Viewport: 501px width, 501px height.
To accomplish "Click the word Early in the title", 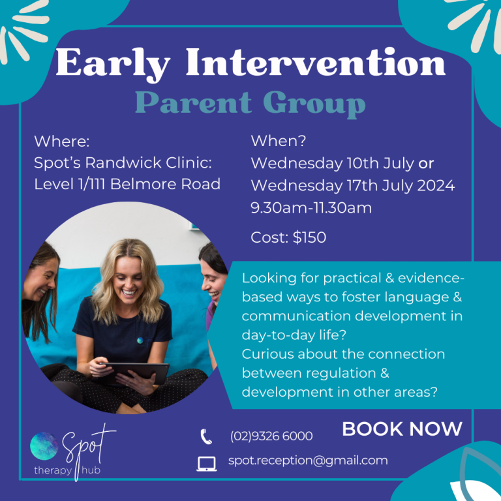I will point(114,64).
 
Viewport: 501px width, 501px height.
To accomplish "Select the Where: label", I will point(62,142).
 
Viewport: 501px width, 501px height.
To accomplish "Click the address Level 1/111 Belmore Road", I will point(127,184).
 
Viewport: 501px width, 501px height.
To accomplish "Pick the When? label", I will point(279,141).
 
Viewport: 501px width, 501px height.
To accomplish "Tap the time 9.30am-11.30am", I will point(311,208).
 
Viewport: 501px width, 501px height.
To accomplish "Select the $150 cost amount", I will point(309,237).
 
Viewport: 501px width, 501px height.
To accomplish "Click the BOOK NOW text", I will point(402,429).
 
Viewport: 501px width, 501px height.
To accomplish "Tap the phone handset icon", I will point(206,436).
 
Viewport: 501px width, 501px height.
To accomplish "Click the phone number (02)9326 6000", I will point(271,436).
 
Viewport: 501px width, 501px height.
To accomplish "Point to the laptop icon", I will point(206,463).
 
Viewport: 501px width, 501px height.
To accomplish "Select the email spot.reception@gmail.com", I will point(308,461).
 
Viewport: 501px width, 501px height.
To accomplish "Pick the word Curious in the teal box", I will point(268,354).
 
